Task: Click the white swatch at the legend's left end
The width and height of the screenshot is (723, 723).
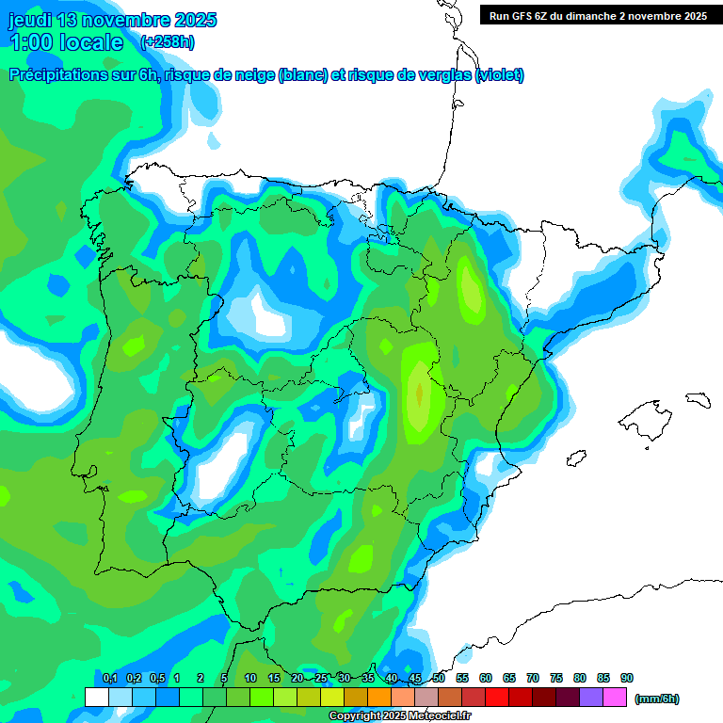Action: coord(96,697)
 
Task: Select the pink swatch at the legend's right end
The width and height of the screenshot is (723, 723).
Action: coord(615,697)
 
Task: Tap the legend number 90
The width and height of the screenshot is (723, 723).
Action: coord(627,678)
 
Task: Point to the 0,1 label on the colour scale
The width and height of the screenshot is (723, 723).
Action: coord(110,678)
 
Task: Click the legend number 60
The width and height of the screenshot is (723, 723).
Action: coord(486,678)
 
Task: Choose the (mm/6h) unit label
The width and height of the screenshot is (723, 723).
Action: coord(657,699)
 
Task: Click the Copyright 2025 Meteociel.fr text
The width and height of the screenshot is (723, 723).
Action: coord(400,716)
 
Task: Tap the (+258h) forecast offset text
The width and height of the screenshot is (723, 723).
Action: coord(168,41)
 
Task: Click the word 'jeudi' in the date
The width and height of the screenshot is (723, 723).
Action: coord(30,20)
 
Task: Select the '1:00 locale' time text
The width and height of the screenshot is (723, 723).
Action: coord(67,42)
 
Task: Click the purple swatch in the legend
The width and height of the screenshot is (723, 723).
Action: coord(591,697)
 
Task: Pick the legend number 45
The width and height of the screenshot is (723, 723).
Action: coord(415,678)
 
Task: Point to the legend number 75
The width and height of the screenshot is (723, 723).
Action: coord(556,678)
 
